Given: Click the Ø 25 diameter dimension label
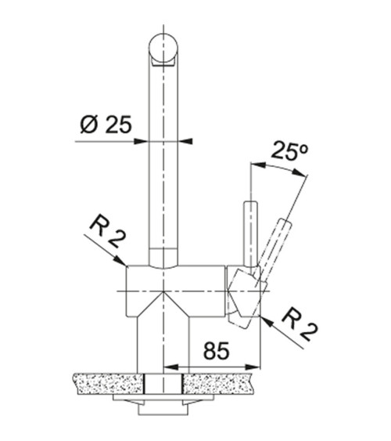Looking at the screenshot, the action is pyautogui.click(x=106, y=125).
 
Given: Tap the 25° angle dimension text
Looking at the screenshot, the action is pyautogui.click(x=289, y=151).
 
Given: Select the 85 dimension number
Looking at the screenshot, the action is pyautogui.click(x=216, y=351).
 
